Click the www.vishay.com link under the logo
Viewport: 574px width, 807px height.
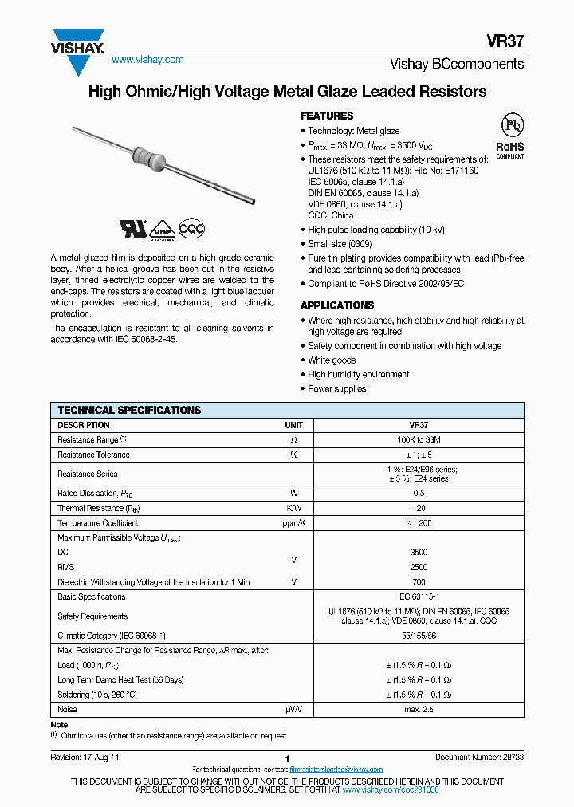coord(147,60)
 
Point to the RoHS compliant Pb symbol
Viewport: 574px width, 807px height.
coord(511,126)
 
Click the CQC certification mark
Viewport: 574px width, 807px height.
coord(191,229)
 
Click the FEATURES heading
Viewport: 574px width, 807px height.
coord(327,116)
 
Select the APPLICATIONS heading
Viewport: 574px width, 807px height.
coord(336,305)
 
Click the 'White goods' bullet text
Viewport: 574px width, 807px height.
coord(332,360)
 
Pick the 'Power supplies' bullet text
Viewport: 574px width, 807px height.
coord(337,389)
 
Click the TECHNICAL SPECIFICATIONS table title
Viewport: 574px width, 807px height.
coord(129,411)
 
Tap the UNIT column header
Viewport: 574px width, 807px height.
coord(294,426)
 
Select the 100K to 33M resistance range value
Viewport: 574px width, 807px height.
coord(419,440)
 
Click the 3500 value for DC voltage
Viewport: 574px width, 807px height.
coord(419,553)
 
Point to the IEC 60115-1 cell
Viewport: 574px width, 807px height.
coord(419,596)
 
